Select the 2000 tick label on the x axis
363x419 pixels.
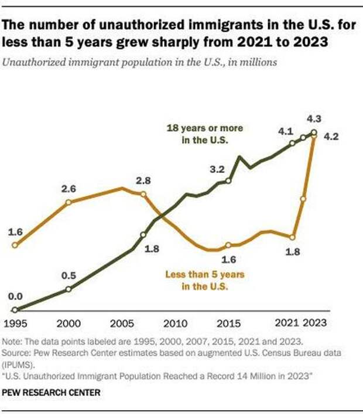pos(69,322)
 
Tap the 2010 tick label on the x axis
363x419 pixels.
pos(175,322)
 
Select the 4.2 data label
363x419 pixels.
pos(332,136)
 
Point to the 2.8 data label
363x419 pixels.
pos(143,179)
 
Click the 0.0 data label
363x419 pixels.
pos(14,297)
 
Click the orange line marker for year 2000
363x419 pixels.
pos(69,202)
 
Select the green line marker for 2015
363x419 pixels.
pos(228,180)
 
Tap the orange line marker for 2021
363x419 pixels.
pos(292,237)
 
